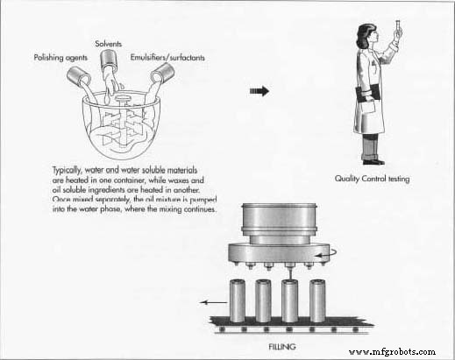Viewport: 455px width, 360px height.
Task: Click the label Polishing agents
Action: pos(60,58)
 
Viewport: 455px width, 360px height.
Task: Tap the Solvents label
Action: pos(108,44)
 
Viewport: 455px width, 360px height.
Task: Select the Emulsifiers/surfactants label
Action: pos(167,58)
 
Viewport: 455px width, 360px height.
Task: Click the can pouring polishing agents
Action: pos(78,75)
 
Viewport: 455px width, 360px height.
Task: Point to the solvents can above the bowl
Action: pos(109,60)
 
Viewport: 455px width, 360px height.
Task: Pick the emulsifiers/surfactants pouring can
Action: pos(163,73)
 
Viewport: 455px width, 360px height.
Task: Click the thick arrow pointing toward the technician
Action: pos(259,91)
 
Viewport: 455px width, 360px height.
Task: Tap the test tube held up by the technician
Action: pos(398,28)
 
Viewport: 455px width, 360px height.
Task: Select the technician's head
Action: pos(368,35)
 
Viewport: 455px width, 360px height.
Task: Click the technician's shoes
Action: pos(373,161)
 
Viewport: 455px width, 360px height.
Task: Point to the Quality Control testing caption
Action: pos(372,179)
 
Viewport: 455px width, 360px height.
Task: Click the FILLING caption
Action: pos(282,347)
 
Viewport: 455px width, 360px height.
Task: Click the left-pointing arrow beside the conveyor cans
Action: pos(213,302)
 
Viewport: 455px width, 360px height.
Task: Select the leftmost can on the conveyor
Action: pos(238,300)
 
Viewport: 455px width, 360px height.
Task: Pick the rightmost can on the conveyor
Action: pos(317,300)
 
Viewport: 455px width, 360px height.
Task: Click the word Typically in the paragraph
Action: pos(67,171)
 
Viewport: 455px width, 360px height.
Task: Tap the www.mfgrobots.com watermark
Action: pos(392,352)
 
